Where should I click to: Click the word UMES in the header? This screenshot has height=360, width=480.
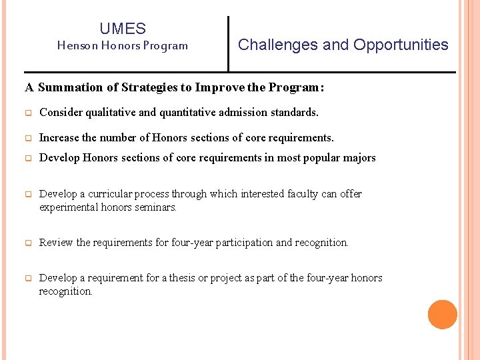click(123, 29)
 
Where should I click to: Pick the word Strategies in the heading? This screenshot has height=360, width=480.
click(145, 87)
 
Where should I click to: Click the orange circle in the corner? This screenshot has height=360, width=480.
click(442, 315)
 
